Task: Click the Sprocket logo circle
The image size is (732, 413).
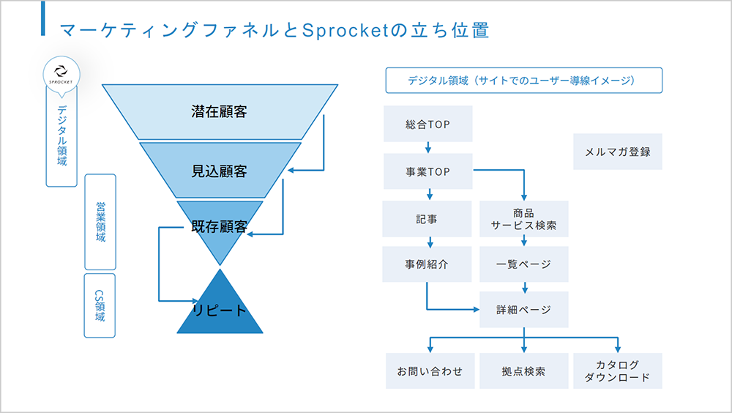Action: click(61, 74)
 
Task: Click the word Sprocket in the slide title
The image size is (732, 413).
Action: click(346, 30)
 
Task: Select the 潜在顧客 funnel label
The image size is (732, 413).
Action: click(219, 111)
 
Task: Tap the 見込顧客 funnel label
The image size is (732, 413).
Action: click(219, 171)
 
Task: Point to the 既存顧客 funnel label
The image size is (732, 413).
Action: click(219, 226)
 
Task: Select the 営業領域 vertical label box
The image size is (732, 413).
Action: click(100, 222)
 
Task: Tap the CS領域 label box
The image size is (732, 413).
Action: click(100, 305)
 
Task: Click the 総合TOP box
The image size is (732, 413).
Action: click(428, 124)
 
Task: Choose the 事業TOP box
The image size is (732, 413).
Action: click(428, 171)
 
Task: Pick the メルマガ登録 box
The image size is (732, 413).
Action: click(618, 152)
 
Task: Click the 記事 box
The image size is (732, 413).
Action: click(427, 219)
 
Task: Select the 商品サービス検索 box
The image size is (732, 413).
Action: click(524, 219)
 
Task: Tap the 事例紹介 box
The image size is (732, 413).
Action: click(427, 264)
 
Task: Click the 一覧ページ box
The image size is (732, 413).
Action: click(524, 264)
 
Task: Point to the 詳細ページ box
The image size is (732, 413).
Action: click(524, 309)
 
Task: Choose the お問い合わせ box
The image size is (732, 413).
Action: click(430, 371)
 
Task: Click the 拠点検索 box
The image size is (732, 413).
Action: click(524, 371)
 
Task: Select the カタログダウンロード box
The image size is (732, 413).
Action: click(618, 371)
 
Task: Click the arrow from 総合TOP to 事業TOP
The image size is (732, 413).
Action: click(428, 148)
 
